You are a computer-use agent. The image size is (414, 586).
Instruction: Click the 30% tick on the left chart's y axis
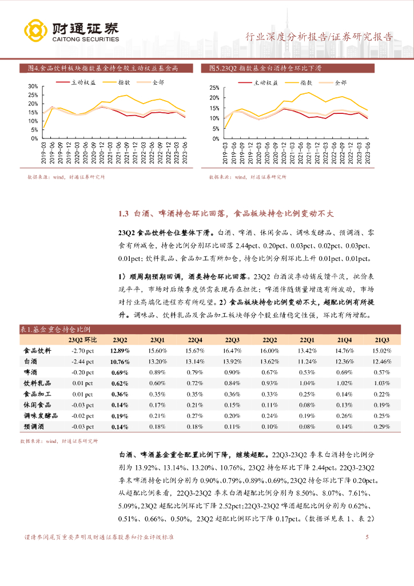pyautogui.click(x=33, y=86)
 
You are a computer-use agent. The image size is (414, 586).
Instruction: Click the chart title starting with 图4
pyautogui.click(x=103, y=68)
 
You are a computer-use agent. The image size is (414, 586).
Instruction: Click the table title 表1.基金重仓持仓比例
pyautogui.click(x=59, y=329)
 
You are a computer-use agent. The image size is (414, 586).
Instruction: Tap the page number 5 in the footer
pyautogui.click(x=367, y=537)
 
